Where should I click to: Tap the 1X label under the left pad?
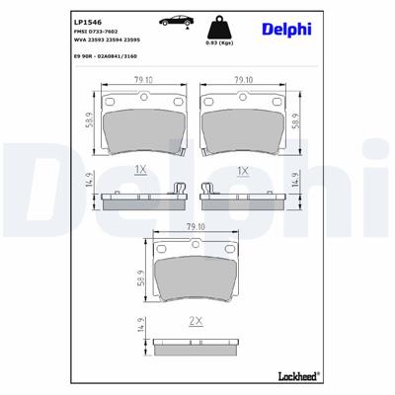click(143, 171)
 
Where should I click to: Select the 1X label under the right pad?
click(242, 171)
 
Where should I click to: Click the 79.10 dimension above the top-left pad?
click(143, 81)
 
